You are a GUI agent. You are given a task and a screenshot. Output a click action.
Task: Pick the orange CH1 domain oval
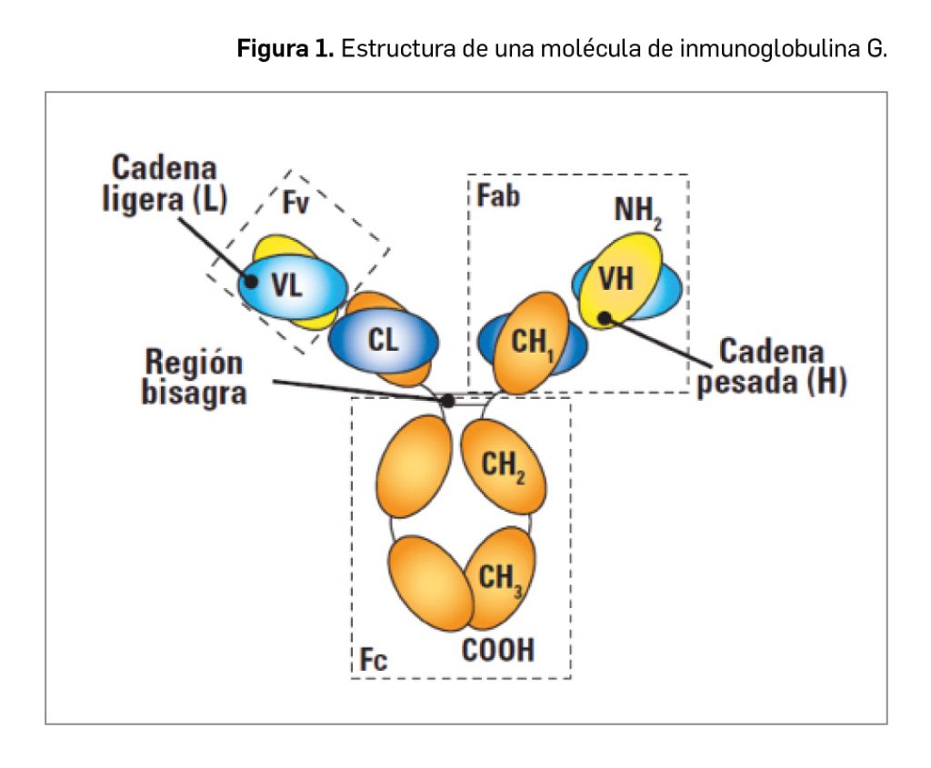pyautogui.click(x=529, y=342)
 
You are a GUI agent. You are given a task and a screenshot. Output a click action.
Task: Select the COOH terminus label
pyautogui.click(x=498, y=651)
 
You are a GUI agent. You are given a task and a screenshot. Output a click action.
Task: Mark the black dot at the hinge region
pyautogui.click(x=447, y=400)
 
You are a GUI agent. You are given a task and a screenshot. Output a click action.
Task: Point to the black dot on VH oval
pyautogui.click(x=605, y=318)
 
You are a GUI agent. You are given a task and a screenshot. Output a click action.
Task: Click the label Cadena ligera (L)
pyautogui.click(x=164, y=184)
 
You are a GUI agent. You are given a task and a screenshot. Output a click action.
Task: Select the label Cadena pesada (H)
pyautogui.click(x=771, y=367)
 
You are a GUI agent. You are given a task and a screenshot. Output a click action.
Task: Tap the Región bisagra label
pyautogui.click(x=195, y=378)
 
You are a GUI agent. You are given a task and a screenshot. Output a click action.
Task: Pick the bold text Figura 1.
pyautogui.click(x=285, y=48)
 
